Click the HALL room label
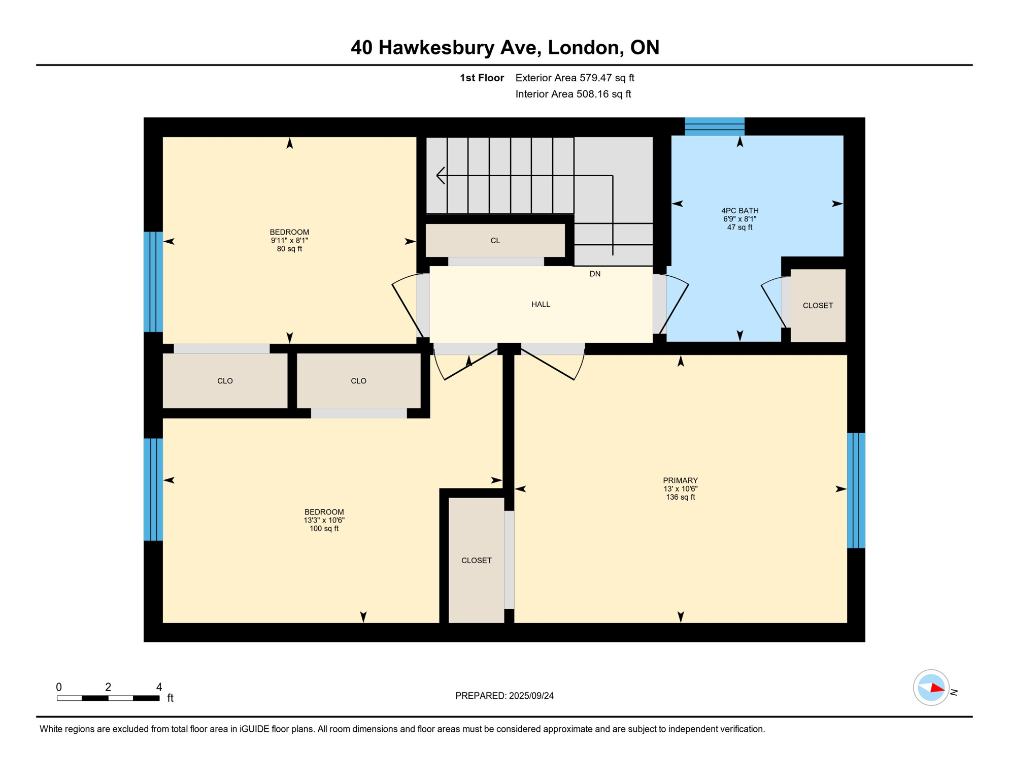point(541,304)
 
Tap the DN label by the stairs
point(595,274)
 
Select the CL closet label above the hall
point(495,241)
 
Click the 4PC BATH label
point(739,211)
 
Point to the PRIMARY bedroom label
point(680,480)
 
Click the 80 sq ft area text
point(289,249)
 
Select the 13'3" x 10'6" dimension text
point(324,520)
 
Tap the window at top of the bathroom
point(715,126)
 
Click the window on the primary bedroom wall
point(856,490)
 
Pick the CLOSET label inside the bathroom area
point(818,306)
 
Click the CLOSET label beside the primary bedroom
point(476,561)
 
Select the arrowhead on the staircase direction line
point(440,176)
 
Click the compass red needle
point(937,689)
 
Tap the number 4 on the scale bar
point(159,687)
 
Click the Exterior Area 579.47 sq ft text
point(575,78)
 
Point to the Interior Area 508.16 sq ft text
point(573,94)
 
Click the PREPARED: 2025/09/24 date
point(504,696)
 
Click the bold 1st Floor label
point(482,78)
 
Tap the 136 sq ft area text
point(680,497)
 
